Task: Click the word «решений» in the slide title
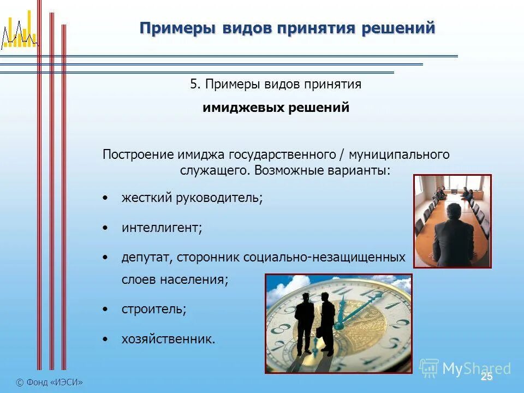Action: click(398, 28)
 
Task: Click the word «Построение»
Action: click(139, 154)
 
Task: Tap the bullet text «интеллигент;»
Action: click(162, 227)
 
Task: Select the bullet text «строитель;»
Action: click(153, 309)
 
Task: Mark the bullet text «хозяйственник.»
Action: click(168, 339)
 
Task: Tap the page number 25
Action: click(486, 377)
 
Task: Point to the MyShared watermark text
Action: click(476, 368)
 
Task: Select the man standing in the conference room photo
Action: click(451, 232)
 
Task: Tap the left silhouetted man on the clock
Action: click(305, 322)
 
